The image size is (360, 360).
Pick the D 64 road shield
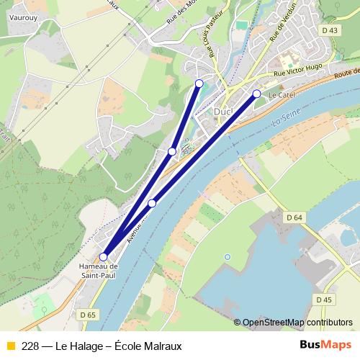pyautogui.click(x=294, y=217)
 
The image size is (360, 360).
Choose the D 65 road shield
pyautogui.click(x=88, y=314)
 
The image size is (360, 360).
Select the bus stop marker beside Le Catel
pyautogui.click(x=256, y=94)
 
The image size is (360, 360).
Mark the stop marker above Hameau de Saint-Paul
pyautogui.click(x=103, y=256)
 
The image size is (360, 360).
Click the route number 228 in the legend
pyautogui.click(x=30, y=346)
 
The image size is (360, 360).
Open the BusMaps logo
pyautogui.click(x=325, y=346)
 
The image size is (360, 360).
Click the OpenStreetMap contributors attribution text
pyautogui.click(x=297, y=323)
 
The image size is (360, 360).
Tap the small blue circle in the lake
pyautogui.click(x=228, y=256)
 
